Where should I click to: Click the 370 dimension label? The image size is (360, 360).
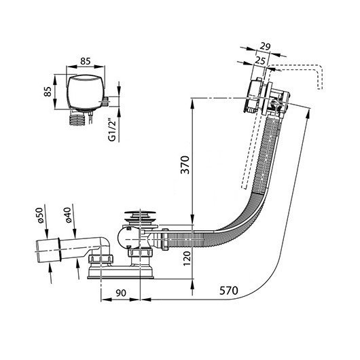click(x=185, y=165)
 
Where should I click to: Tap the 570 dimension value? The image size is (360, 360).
click(x=228, y=291)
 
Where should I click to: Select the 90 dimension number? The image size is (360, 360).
click(x=121, y=293)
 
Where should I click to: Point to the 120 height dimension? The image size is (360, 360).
click(x=187, y=258)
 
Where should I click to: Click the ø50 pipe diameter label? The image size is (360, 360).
click(x=40, y=215)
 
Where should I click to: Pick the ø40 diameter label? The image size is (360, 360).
click(x=68, y=215)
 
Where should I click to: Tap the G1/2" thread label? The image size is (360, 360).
click(x=112, y=130)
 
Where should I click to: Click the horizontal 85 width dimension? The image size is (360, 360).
click(x=86, y=61)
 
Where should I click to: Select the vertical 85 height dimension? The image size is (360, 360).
click(x=48, y=92)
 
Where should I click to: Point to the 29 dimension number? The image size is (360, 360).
click(x=265, y=46)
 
